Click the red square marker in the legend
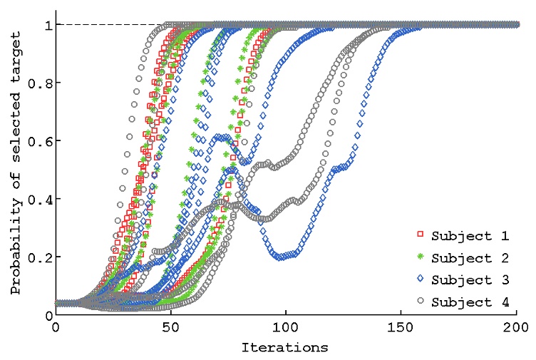click(x=421, y=235)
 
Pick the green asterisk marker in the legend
click(x=421, y=257)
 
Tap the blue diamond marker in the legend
click(x=421, y=279)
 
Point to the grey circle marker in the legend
click(x=421, y=302)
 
